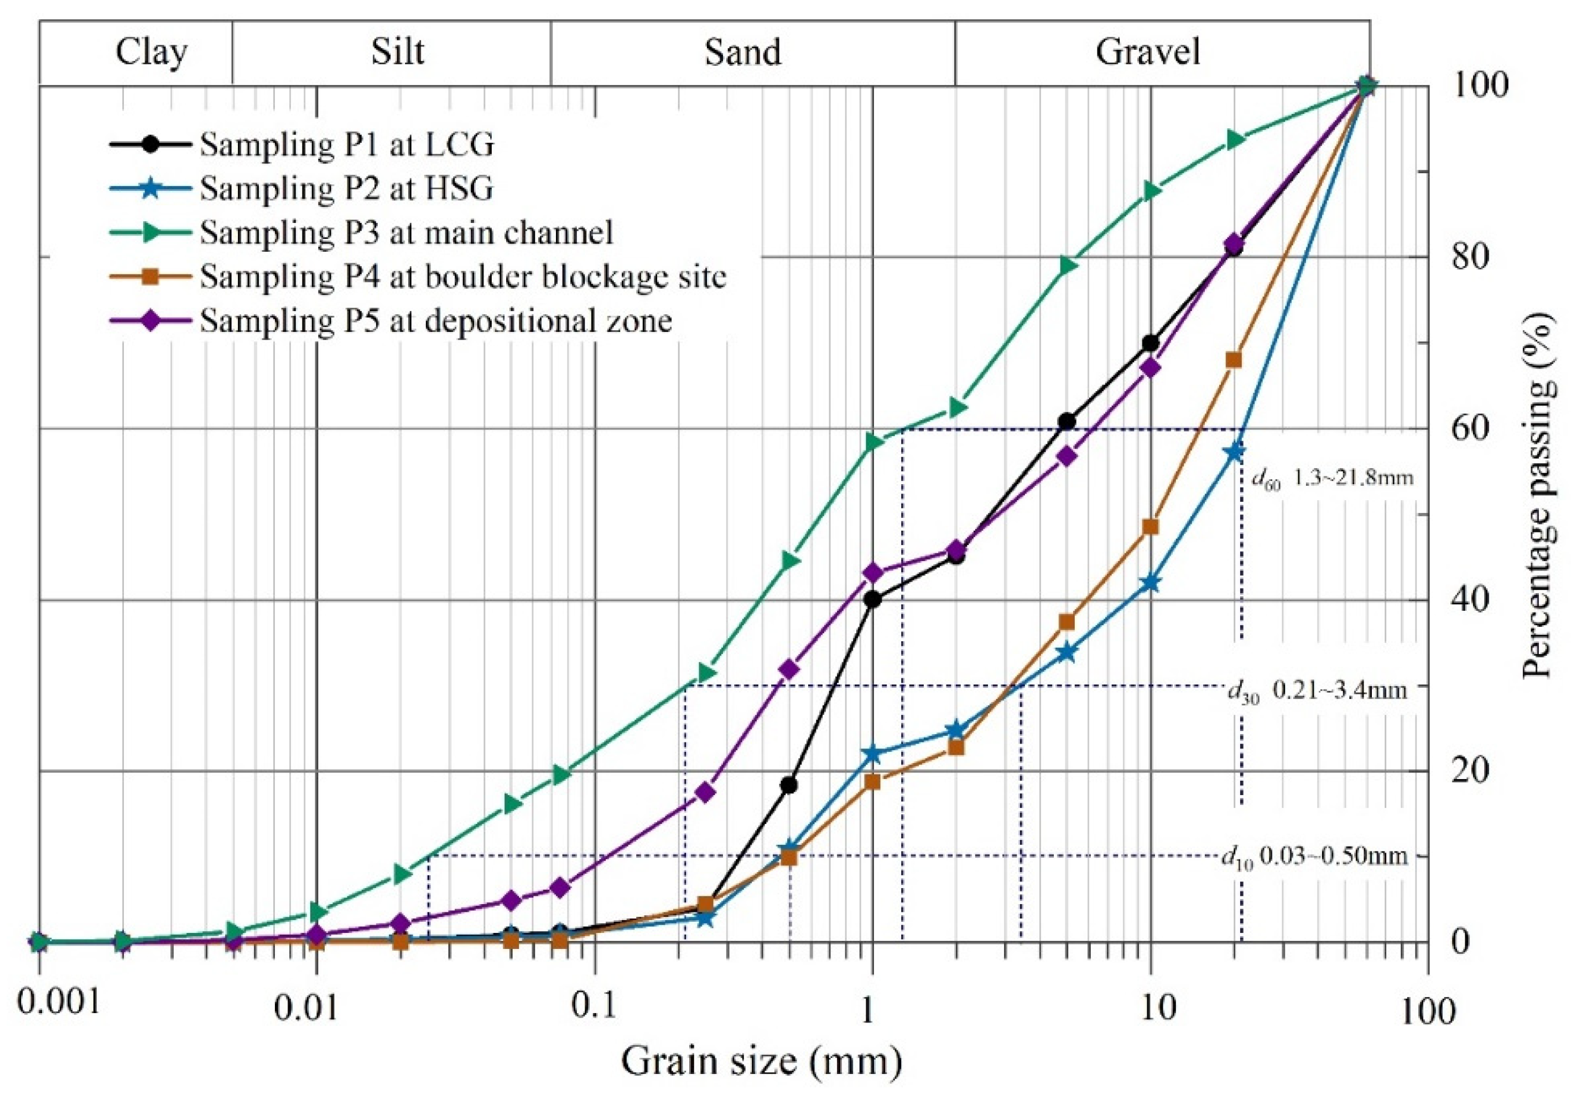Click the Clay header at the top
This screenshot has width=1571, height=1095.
pos(150,52)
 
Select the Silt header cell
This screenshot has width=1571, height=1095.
pos(398,52)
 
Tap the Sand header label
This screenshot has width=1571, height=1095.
pos(743,52)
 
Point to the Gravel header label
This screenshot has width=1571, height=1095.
pos(1148,52)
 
